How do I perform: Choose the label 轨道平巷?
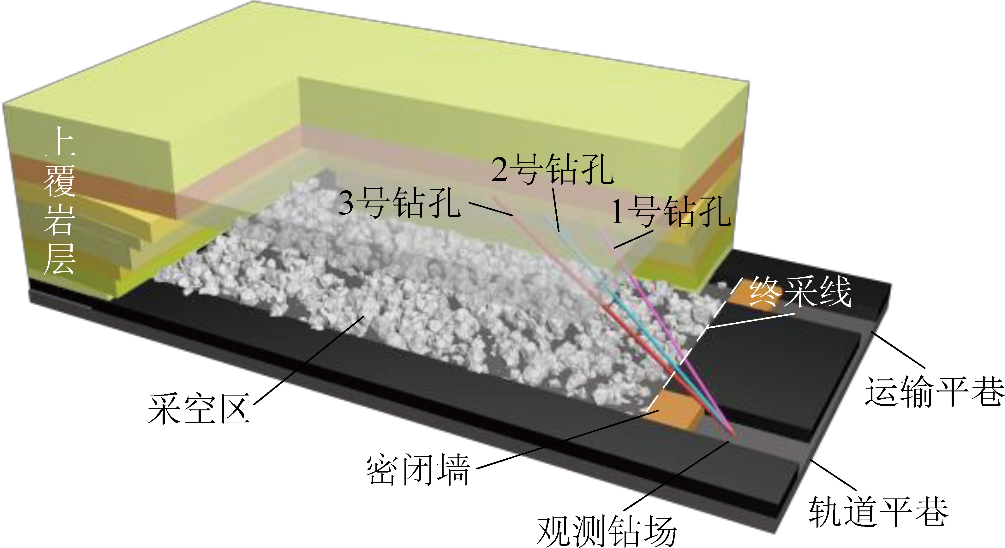(x=878, y=511)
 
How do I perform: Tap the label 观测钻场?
(x=607, y=531)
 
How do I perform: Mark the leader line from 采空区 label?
(x=308, y=360)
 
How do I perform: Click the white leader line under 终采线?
(x=751, y=319)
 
